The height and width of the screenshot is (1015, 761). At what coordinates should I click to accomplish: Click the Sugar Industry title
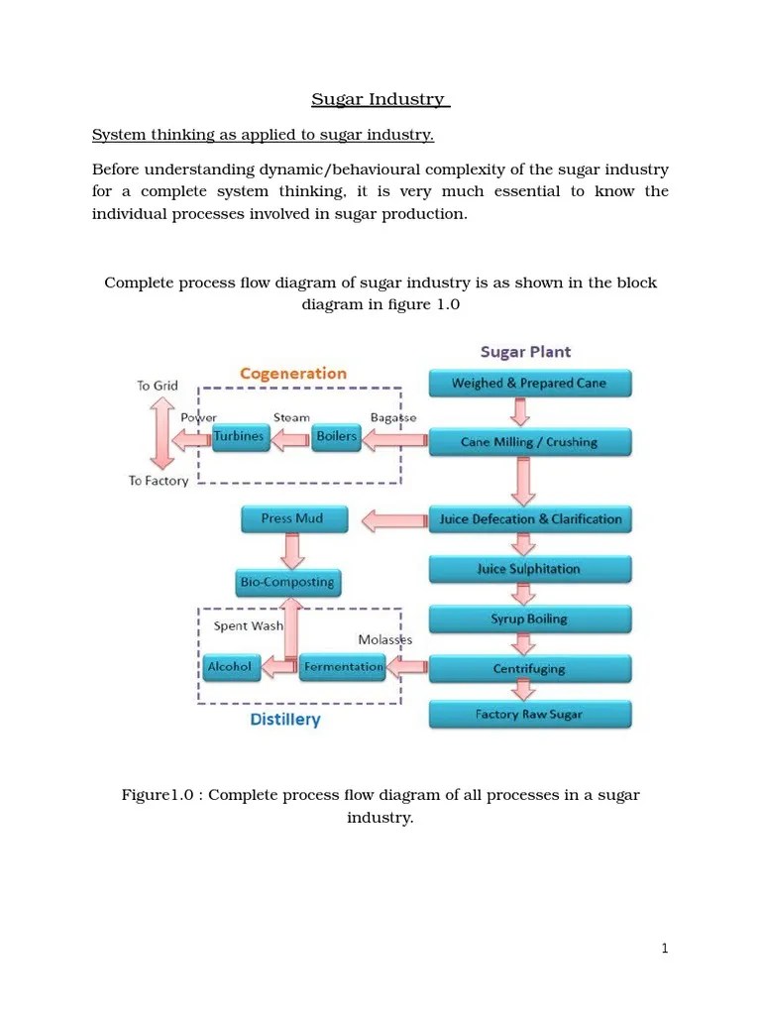tap(380, 99)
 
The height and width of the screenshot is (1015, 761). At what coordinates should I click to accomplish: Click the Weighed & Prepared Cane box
tap(529, 384)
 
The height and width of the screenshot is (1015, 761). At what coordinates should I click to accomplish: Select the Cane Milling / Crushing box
tap(529, 442)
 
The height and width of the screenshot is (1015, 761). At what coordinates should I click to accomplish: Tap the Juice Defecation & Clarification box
tap(529, 519)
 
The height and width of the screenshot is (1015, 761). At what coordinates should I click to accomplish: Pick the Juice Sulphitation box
tap(529, 569)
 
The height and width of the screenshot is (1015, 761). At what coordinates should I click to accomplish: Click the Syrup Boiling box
tap(529, 620)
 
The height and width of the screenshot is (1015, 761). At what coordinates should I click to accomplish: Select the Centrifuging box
tap(529, 669)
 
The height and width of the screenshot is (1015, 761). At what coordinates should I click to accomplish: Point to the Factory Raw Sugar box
tap(529, 715)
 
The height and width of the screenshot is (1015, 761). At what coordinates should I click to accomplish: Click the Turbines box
tap(240, 437)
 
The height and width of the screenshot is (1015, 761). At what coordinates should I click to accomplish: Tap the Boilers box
tap(336, 437)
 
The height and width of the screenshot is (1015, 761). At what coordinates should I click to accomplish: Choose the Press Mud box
tap(291, 518)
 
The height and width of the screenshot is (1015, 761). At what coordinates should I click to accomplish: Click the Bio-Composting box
tap(286, 582)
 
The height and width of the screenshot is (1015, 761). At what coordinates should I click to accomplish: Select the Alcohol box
tap(229, 667)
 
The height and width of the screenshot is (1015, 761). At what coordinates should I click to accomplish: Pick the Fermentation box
tap(343, 667)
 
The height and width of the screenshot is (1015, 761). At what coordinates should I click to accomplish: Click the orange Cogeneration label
tap(293, 374)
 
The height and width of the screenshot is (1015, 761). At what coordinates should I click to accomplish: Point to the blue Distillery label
tap(285, 720)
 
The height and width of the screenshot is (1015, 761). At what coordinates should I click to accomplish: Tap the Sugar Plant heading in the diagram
tap(525, 352)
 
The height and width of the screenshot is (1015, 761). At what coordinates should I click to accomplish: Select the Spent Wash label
tap(248, 626)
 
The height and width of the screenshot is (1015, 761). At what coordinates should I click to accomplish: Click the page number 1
tap(665, 949)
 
